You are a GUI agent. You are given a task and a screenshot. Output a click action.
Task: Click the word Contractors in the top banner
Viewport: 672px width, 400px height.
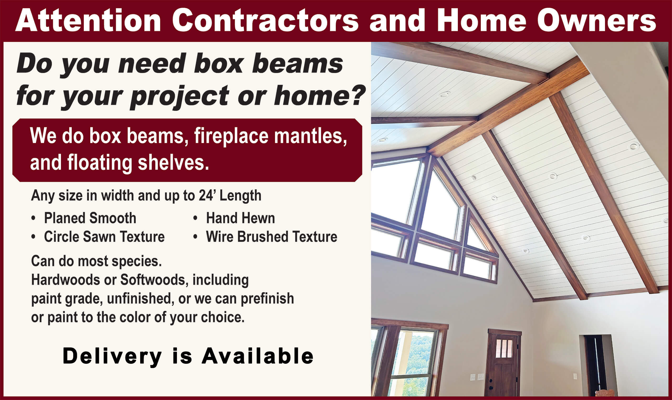265,21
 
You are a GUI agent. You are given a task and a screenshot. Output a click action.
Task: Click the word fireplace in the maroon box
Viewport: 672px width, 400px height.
231,136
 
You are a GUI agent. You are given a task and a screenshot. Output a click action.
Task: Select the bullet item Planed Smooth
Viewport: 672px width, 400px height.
90,218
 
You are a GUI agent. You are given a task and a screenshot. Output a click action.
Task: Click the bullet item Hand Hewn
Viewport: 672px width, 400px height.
240,218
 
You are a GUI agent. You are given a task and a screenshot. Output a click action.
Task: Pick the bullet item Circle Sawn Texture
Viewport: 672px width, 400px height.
104,237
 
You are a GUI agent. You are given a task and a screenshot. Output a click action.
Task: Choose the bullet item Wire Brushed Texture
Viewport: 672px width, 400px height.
271,237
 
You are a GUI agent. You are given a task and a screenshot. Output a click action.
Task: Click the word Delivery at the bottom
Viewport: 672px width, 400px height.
112,356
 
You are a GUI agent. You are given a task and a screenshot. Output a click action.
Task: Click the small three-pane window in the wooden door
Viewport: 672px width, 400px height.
504,348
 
